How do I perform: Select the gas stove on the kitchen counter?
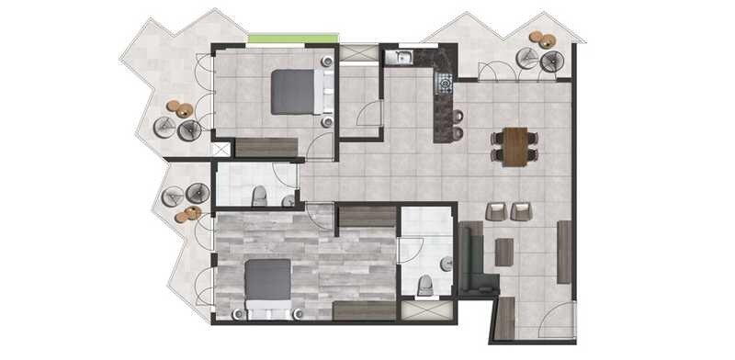click(x=445, y=84)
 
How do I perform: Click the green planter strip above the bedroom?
click(x=293, y=39)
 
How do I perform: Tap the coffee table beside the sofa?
click(x=504, y=251)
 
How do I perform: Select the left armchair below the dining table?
click(x=496, y=211)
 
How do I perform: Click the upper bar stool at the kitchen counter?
click(x=458, y=116)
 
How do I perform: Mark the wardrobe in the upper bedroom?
click(x=266, y=147)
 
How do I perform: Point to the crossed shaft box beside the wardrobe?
click(x=221, y=149)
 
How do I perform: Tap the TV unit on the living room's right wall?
click(x=563, y=252)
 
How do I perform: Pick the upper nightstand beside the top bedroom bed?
click(x=327, y=62)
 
